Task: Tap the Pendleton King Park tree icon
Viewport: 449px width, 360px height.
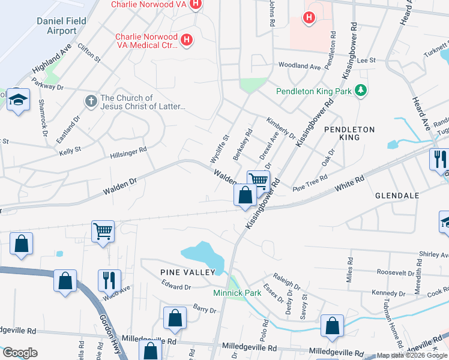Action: [361, 91]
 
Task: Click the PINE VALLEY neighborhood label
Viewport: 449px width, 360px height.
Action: [187, 272]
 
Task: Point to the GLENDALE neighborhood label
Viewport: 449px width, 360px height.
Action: [396, 196]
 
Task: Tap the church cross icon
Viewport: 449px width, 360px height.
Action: [91, 100]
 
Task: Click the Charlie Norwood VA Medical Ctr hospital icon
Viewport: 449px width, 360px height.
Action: [187, 40]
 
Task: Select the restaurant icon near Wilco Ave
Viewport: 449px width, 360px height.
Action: [109, 280]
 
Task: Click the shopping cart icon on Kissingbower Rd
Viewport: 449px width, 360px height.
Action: [258, 180]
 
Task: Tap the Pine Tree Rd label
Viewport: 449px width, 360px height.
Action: [310, 182]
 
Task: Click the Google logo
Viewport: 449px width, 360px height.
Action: [19, 353]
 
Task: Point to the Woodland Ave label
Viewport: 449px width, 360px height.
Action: [298, 67]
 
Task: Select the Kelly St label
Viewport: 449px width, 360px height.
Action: [70, 150]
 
